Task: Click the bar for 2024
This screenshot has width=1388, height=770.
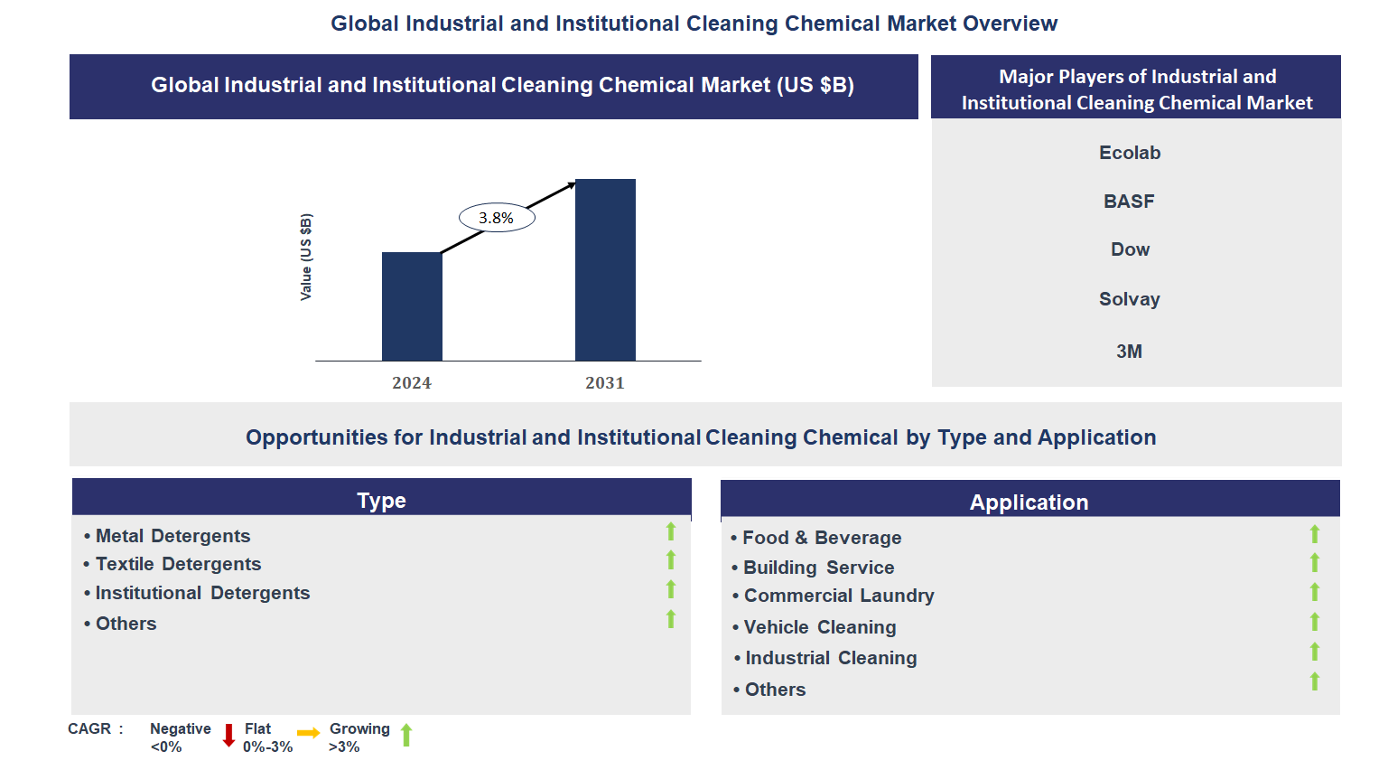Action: click(412, 306)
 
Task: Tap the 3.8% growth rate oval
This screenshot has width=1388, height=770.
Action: click(497, 218)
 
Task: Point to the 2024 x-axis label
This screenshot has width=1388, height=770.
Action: click(412, 383)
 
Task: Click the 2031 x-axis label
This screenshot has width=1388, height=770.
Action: click(605, 383)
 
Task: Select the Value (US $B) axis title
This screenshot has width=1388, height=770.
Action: click(306, 258)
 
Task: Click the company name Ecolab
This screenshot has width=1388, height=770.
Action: click(1130, 153)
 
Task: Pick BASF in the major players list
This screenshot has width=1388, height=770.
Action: click(1129, 202)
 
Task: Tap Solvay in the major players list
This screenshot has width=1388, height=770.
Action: click(1129, 299)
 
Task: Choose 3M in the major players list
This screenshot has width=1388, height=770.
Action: click(1129, 352)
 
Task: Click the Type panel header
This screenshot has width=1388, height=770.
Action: click(381, 500)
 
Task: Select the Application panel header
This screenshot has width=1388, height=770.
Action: click(1029, 502)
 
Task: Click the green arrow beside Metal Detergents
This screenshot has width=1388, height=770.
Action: click(671, 531)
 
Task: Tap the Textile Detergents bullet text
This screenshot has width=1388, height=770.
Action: click(178, 564)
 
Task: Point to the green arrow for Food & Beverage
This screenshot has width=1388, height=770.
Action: click(1315, 534)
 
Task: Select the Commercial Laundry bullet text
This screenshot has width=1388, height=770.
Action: click(839, 596)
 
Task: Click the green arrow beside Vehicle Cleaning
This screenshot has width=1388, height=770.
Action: click(1315, 622)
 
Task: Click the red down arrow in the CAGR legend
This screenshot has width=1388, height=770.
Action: click(228, 736)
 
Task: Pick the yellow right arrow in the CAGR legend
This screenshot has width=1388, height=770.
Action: click(309, 733)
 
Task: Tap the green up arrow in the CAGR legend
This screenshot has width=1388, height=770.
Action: click(406, 736)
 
